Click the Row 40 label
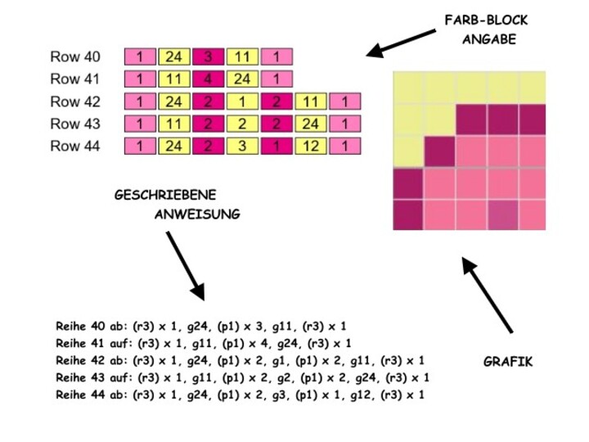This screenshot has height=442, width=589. point(75,57)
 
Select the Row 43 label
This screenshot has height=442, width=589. point(75,124)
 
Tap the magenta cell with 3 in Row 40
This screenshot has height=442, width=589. point(209,57)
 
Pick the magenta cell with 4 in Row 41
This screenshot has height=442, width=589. point(209,80)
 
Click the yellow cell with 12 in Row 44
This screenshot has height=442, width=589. point(312,147)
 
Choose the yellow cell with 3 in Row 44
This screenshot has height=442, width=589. point(243,147)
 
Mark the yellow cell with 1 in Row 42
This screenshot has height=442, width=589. point(243,102)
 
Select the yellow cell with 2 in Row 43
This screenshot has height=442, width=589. point(243,124)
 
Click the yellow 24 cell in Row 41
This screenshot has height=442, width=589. point(243,80)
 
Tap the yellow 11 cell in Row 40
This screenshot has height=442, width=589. point(243,57)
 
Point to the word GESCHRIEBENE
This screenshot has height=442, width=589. point(164,196)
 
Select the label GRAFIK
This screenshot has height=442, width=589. point(509,360)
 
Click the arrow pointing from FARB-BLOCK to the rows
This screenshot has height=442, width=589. point(401,43)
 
